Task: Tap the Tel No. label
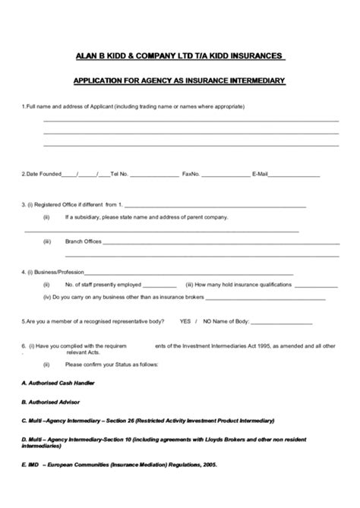pos(119,174)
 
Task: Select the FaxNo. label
pos(191,174)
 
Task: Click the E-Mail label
pos(261,174)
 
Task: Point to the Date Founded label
pos(42,174)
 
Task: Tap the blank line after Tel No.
pos(154,175)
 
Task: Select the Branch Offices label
pos(84,241)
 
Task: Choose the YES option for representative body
pos(185,321)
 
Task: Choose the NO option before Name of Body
pos(207,321)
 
